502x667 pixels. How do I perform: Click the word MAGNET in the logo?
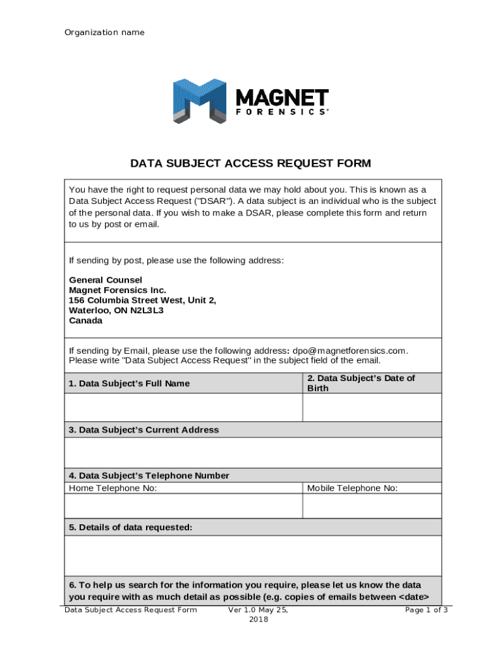click(x=282, y=98)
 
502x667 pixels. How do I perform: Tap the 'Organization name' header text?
click(x=104, y=33)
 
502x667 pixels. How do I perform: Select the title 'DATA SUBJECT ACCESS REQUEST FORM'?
click(x=251, y=163)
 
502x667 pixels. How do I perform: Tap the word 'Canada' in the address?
click(x=85, y=321)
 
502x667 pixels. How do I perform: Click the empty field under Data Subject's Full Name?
click(x=183, y=408)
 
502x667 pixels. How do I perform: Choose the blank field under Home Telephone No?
click(x=183, y=506)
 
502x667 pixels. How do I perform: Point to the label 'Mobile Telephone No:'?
click(x=353, y=489)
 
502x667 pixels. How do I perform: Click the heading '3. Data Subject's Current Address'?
click(x=144, y=430)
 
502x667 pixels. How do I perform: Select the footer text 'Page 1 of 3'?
click(x=426, y=610)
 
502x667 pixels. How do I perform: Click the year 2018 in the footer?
click(x=258, y=619)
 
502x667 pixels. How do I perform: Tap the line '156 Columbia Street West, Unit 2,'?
click(x=143, y=300)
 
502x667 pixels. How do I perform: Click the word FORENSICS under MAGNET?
click(x=282, y=112)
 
